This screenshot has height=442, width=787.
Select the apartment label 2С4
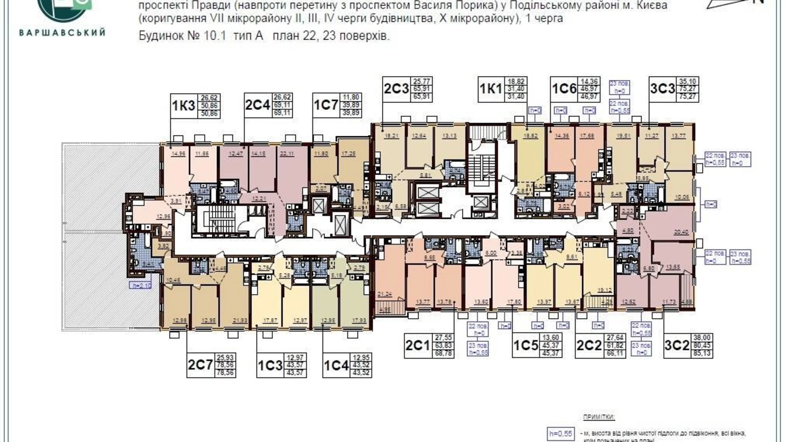tap(257, 105)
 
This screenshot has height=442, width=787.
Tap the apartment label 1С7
tap(326, 105)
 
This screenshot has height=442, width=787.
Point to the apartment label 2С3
tap(396, 89)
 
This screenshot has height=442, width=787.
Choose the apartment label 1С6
tap(564, 89)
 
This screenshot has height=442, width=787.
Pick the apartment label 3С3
tap(662, 89)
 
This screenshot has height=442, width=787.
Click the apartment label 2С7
tap(200, 365)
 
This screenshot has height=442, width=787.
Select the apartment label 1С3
tap(270, 365)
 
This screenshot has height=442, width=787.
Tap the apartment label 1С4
tap(336, 365)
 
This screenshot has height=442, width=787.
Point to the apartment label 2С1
tap(417, 346)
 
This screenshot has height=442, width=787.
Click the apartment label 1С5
tap(526, 346)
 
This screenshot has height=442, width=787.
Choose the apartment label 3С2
tap(676, 346)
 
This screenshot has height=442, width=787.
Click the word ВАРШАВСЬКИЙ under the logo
tap(62, 33)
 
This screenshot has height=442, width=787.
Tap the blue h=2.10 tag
tap(140, 285)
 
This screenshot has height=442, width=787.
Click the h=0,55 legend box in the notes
tap(561, 433)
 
